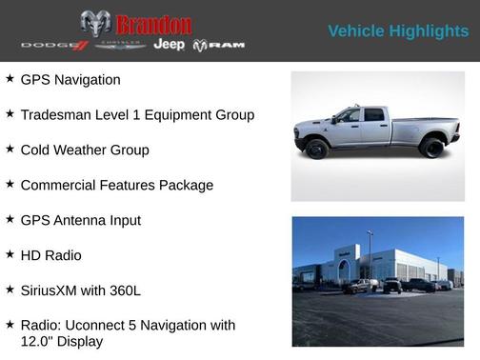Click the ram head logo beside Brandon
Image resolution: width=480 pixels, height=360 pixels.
tap(95, 23)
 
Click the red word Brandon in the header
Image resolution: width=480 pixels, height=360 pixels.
tap(152, 24)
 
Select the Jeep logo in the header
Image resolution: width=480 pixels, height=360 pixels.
tap(170, 45)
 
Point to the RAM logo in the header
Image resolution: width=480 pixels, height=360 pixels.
tap(219, 46)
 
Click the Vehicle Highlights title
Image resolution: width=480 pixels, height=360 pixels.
tap(398, 31)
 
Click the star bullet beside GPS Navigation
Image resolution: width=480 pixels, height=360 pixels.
tap(10, 79)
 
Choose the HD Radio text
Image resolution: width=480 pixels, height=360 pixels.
tap(50, 255)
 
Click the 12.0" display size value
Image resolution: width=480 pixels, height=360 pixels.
tap(37, 341)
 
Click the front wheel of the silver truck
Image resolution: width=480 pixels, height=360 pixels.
tap(317, 149)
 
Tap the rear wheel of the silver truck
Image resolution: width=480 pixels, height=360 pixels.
tap(432, 148)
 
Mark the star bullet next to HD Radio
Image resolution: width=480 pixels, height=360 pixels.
tap(10, 254)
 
